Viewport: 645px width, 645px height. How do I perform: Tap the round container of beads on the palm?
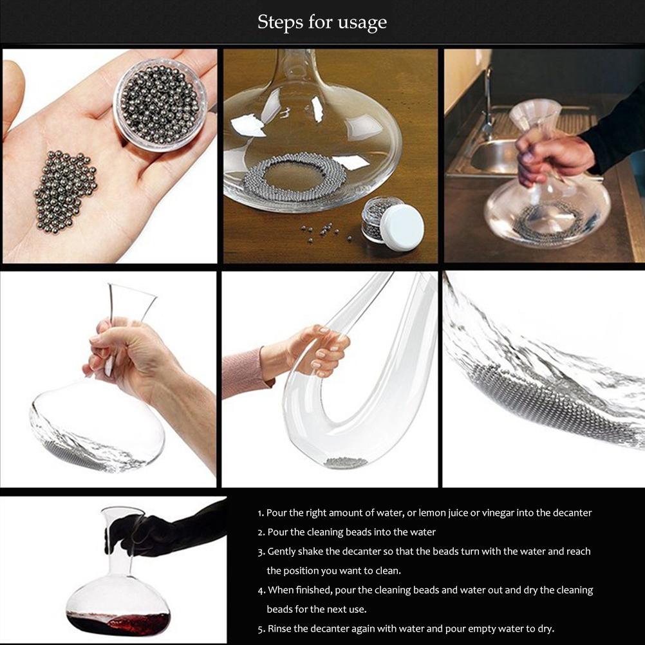pyautogui.click(x=160, y=104)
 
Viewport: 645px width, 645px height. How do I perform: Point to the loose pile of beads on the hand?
pyautogui.click(x=64, y=192)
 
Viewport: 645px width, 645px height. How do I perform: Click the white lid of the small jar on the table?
pyautogui.click(x=403, y=227)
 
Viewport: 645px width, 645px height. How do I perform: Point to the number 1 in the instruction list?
pyautogui.click(x=260, y=513)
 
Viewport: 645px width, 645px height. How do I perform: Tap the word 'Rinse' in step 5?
pyautogui.click(x=281, y=629)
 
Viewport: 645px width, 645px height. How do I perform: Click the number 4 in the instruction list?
pyautogui.click(x=261, y=590)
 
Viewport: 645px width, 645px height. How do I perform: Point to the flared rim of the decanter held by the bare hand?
pyautogui.click(x=132, y=293)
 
